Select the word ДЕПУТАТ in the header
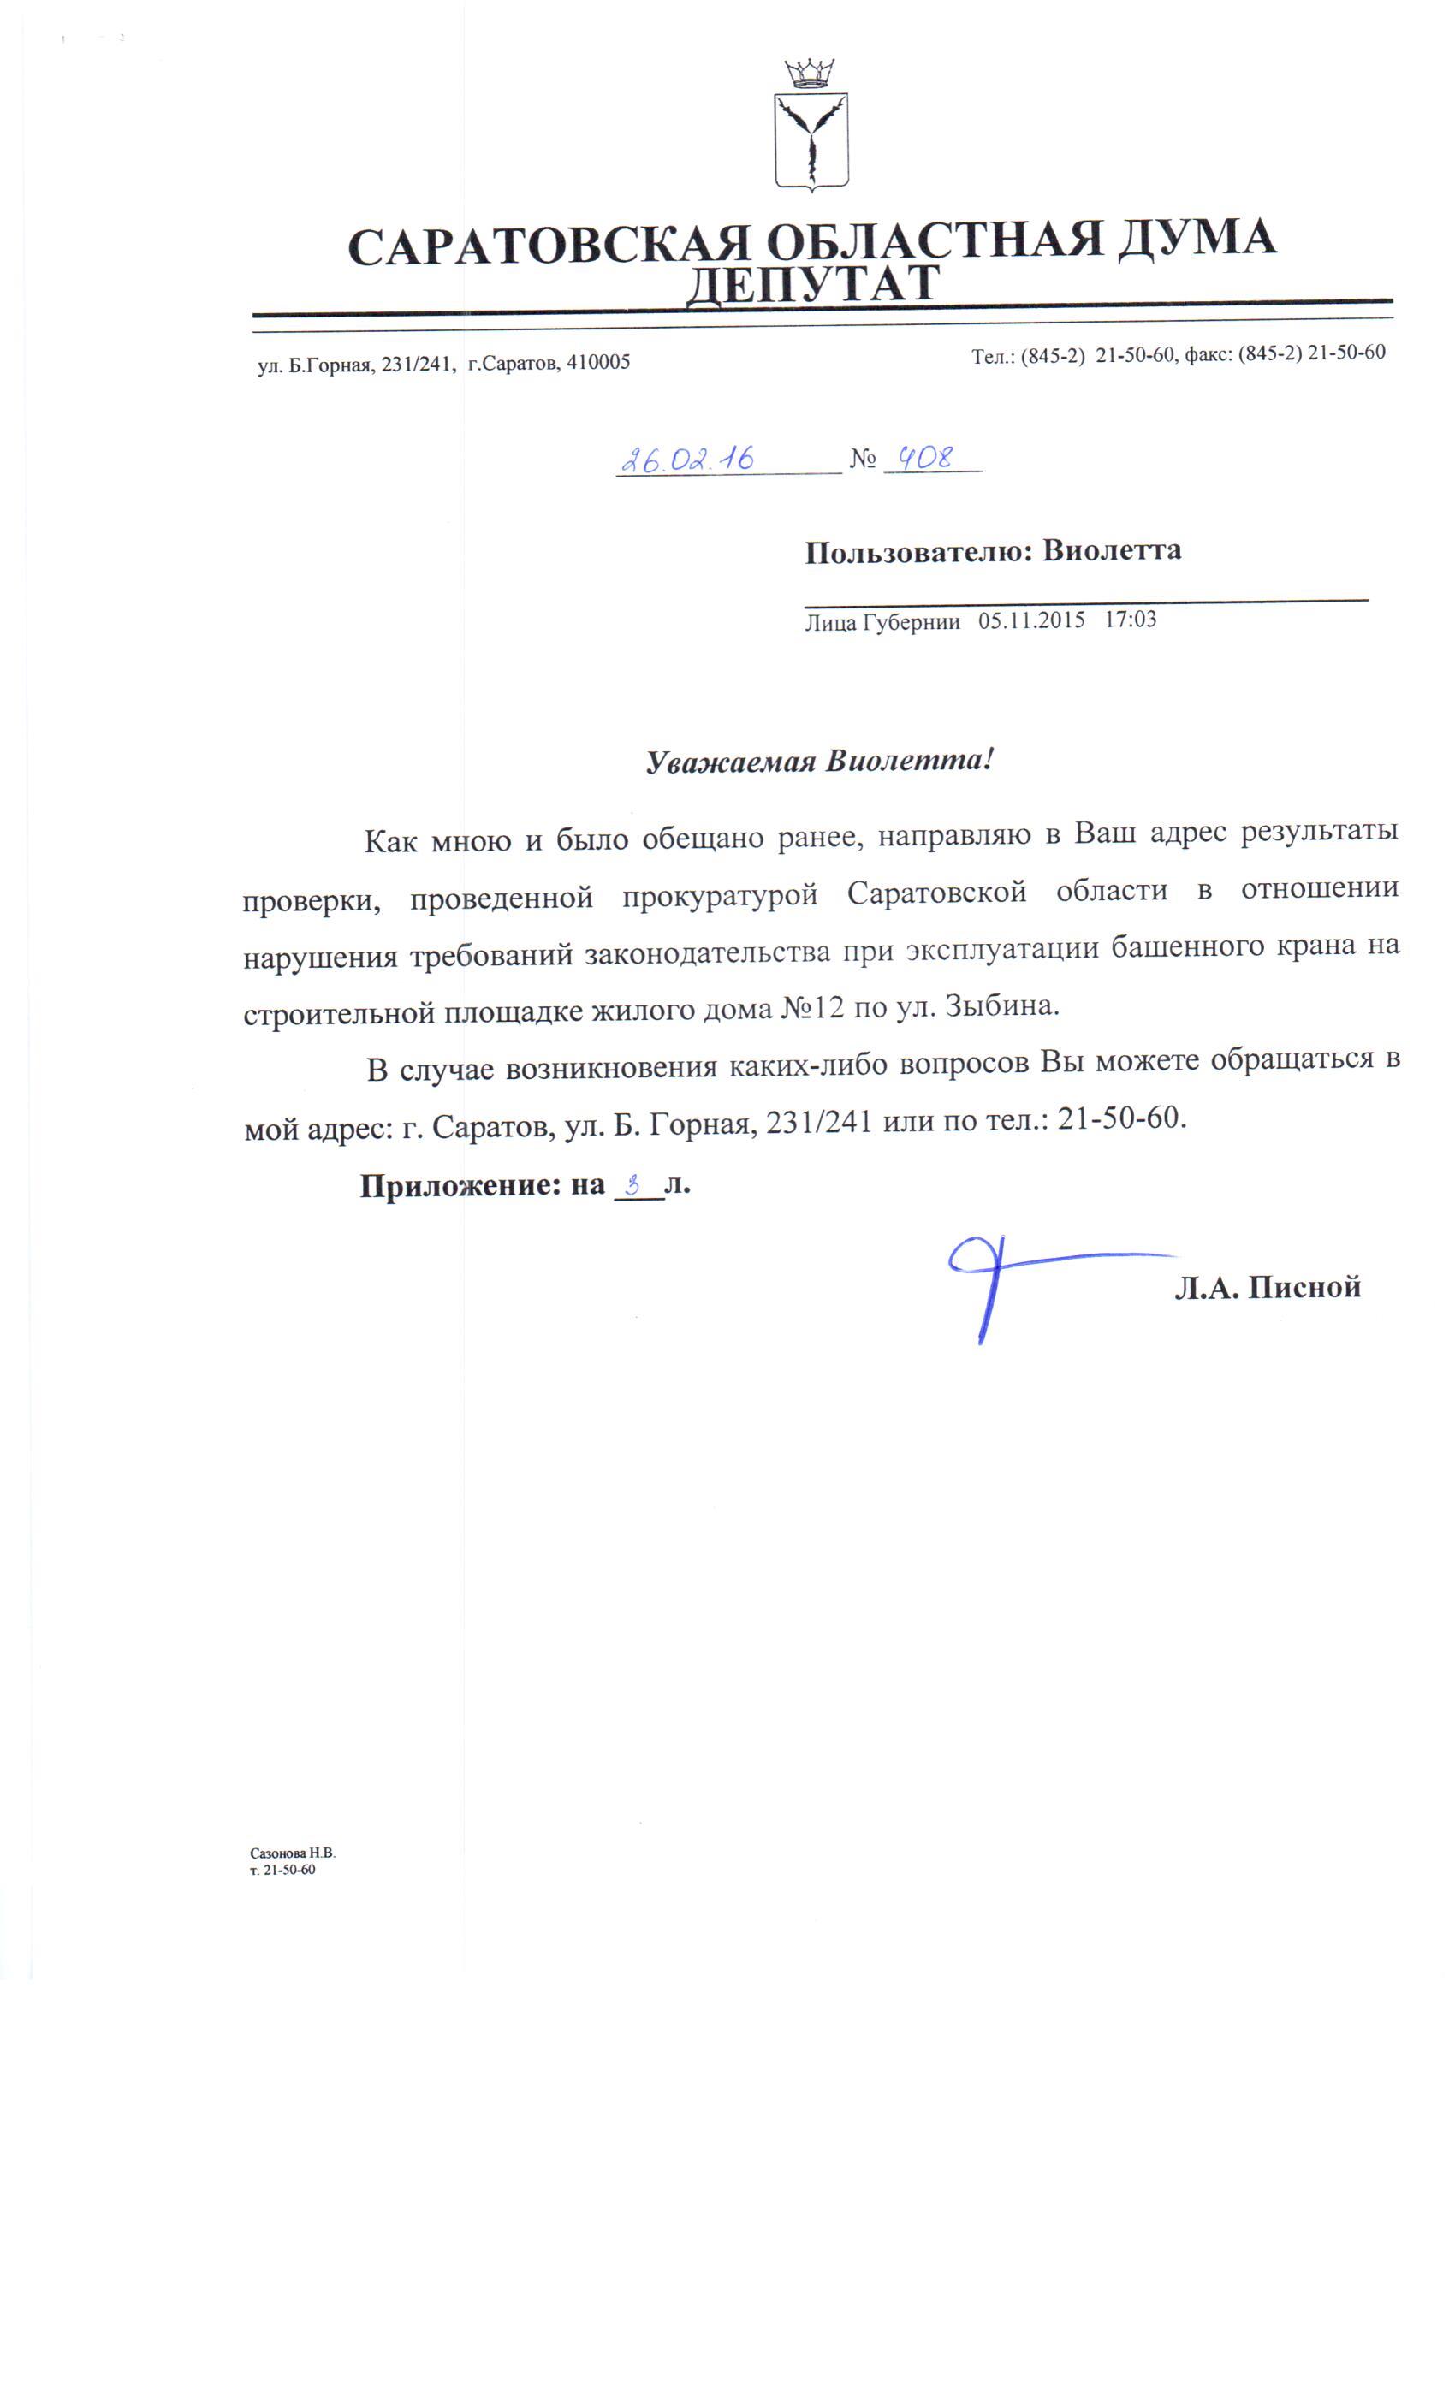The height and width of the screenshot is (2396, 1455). (x=812, y=284)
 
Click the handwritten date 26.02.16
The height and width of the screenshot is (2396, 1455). (x=686, y=459)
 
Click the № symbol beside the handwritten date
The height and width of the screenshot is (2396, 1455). (x=862, y=459)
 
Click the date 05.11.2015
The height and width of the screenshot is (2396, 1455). (x=1031, y=620)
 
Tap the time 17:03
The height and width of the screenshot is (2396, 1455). (x=1130, y=620)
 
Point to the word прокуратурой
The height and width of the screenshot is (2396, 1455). (x=720, y=894)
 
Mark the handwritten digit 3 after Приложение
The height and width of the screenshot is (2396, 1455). (x=634, y=1184)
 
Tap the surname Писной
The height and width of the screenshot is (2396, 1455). (x=1304, y=1288)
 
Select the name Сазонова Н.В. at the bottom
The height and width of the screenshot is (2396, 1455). (x=292, y=1853)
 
